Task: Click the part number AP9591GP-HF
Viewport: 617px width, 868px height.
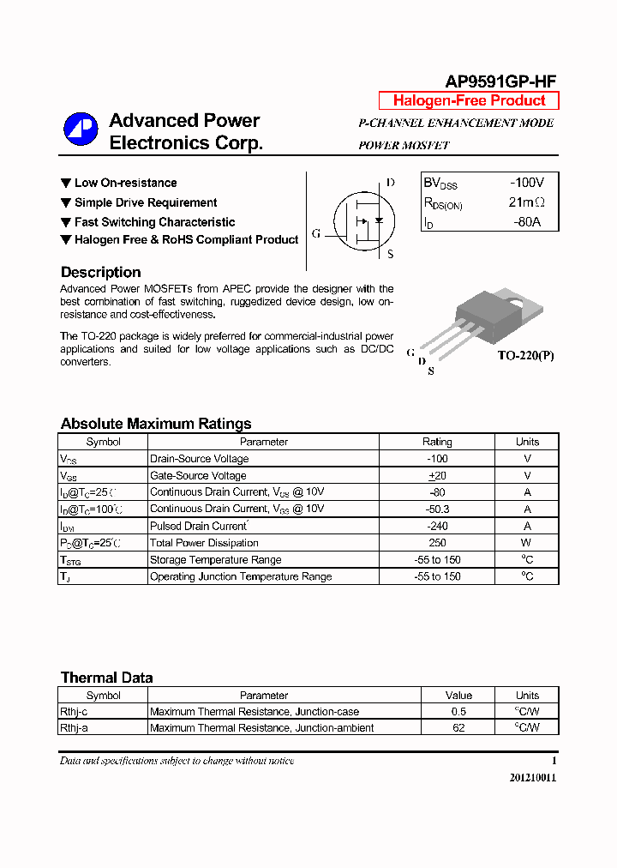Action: click(x=500, y=81)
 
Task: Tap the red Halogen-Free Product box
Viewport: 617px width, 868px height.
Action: click(x=469, y=100)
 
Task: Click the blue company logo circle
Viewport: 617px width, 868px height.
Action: click(x=81, y=130)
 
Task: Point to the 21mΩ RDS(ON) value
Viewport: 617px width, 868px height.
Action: click(x=526, y=203)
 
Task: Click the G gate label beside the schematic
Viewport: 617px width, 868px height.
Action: click(x=316, y=234)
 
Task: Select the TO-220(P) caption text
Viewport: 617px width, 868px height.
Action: click(x=526, y=355)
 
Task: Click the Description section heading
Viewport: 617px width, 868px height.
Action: click(x=100, y=272)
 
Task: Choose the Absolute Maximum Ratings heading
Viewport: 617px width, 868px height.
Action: click(x=156, y=424)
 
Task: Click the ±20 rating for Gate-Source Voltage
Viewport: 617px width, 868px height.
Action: click(x=437, y=476)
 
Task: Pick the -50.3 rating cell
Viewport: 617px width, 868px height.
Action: click(x=437, y=509)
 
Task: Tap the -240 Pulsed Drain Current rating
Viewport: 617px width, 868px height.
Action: click(x=437, y=527)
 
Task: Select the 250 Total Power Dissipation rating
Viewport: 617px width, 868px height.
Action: click(x=437, y=543)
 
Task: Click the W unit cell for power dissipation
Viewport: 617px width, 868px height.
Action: click(x=527, y=543)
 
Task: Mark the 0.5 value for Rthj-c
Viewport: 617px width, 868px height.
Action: click(x=458, y=712)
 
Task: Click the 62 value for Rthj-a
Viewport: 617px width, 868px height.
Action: click(x=458, y=728)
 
